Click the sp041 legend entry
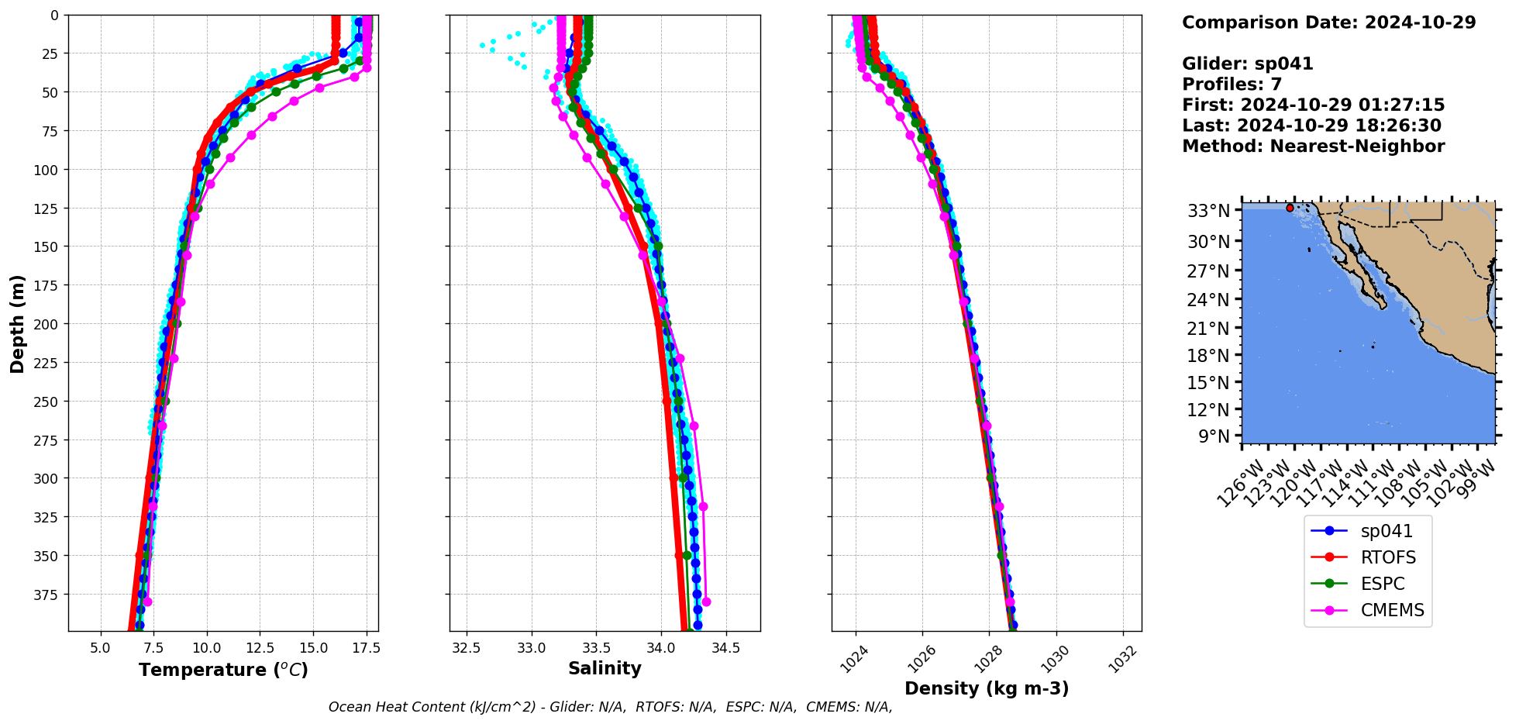click(1368, 531)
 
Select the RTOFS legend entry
click(1368, 557)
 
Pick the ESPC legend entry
click(1368, 584)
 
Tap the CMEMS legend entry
click(1368, 610)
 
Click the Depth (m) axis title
click(17, 323)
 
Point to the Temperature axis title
click(223, 670)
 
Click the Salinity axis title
click(605, 668)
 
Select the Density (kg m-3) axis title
click(987, 688)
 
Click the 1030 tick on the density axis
click(1055, 659)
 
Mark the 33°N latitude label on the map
click(1209, 211)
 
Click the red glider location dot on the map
click(1290, 208)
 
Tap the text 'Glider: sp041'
click(1247, 64)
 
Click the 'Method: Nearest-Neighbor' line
click(1313, 147)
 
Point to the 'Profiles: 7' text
click(1232, 84)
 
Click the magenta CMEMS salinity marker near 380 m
click(706, 602)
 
